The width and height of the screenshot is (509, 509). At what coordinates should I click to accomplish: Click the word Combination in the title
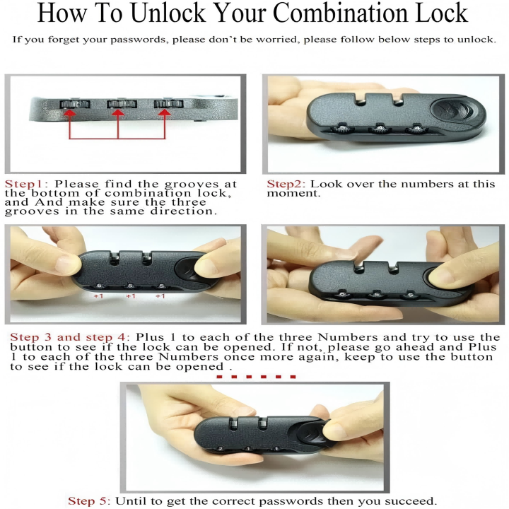[x=341, y=13]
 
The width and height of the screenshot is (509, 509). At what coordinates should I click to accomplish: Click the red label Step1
[x=24, y=184]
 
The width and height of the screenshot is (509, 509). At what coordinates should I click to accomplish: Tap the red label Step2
[x=286, y=184]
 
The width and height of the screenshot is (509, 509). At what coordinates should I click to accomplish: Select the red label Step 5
[x=88, y=501]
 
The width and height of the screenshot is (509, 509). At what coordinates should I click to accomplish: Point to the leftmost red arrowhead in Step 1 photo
[x=69, y=112]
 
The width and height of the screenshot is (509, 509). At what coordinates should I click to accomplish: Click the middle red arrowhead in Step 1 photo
[x=118, y=112]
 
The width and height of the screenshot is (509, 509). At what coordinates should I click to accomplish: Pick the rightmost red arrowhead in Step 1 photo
[x=165, y=112]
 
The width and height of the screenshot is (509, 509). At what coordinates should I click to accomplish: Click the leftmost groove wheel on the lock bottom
[x=75, y=104]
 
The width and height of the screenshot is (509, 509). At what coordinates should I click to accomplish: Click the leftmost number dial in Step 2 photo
[x=342, y=129]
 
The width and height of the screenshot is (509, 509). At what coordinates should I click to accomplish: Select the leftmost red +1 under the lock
[x=99, y=296]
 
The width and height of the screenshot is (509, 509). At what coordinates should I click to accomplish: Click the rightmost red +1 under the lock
[x=160, y=296]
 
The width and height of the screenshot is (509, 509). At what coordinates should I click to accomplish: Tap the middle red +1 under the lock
[x=131, y=296]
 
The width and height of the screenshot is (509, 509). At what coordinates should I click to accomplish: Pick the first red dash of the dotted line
[x=219, y=377]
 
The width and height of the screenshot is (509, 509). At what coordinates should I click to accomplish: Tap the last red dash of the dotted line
[x=293, y=377]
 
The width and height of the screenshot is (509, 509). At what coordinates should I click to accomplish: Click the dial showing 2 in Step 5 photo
[x=221, y=449]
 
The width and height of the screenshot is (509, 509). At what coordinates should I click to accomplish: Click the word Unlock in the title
[x=168, y=13]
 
